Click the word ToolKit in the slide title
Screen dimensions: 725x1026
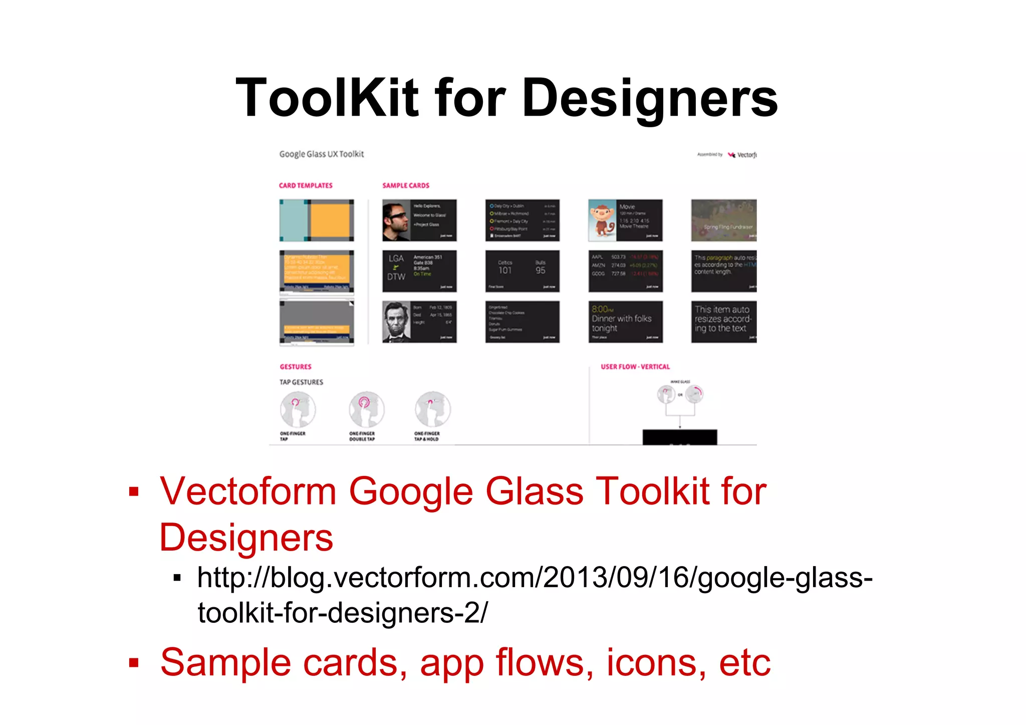(x=327, y=98)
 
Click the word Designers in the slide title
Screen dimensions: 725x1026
(x=649, y=99)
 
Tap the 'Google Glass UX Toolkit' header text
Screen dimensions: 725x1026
(x=321, y=154)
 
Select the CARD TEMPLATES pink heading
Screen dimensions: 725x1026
(x=306, y=185)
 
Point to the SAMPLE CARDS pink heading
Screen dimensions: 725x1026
(x=406, y=185)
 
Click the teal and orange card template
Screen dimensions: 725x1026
(x=317, y=220)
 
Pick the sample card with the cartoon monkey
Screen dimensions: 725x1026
(x=625, y=220)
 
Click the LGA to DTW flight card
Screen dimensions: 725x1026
(x=419, y=271)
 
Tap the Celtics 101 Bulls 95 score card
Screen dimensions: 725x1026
(x=522, y=271)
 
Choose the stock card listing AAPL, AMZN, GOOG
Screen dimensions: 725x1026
(x=625, y=271)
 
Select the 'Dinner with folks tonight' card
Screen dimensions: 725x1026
(x=625, y=322)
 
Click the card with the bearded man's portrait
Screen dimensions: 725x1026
(x=419, y=322)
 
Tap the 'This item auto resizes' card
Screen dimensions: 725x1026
(x=723, y=322)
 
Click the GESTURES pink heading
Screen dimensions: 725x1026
(x=296, y=367)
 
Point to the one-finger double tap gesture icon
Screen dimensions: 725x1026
(x=366, y=409)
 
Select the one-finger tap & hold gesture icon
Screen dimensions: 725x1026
(x=432, y=409)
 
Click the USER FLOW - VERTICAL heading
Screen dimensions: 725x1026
(x=635, y=367)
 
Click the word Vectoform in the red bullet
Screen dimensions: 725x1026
(x=248, y=491)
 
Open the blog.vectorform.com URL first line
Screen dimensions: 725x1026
(x=535, y=578)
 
